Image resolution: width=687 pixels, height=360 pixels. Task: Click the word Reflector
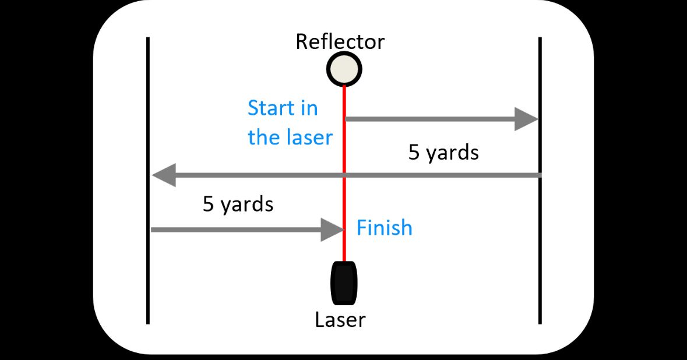[340, 42]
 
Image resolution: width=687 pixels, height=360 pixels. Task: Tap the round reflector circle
[344, 69]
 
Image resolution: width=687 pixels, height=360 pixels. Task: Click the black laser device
[344, 283]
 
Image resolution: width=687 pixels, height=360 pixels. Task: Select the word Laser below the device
[340, 320]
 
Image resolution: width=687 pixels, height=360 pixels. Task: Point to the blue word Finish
[384, 228]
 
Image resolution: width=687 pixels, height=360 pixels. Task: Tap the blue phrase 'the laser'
[290, 137]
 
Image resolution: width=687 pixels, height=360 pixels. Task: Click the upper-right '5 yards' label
[443, 153]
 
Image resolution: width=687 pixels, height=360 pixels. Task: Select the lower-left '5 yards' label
[238, 204]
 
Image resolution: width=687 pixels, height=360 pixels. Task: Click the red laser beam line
[344, 146]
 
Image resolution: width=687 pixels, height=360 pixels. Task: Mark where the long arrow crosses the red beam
[344, 175]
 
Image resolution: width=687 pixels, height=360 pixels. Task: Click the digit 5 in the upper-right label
[414, 153]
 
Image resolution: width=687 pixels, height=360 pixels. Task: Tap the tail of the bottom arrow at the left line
[153, 230]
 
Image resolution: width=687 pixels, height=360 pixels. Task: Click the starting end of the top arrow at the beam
[348, 119]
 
